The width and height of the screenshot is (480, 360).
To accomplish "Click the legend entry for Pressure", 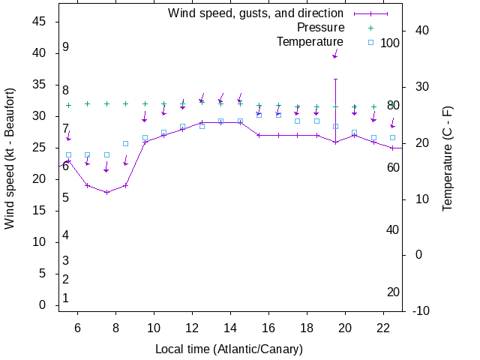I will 316,27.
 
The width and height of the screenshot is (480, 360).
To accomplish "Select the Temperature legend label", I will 310,41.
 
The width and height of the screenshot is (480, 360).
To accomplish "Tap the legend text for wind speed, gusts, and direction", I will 256,13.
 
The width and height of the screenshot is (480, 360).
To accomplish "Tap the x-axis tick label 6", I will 78,328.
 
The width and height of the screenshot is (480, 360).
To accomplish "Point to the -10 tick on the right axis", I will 421,310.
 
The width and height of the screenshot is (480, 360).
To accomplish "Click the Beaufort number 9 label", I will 66,47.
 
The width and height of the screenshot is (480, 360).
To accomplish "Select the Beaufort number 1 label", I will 66,298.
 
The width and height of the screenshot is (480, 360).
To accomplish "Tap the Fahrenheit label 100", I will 390,43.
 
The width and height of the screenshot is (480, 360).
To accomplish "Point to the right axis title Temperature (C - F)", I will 448,158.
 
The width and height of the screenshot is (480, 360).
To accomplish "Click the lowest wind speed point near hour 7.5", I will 106,193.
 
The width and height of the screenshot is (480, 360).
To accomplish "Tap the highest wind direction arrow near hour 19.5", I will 335,54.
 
